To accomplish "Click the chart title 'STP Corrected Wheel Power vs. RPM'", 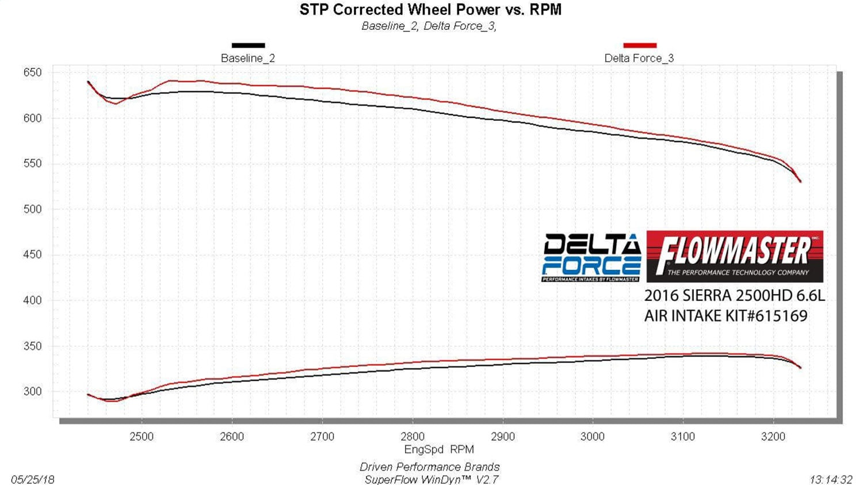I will pyautogui.click(x=430, y=10).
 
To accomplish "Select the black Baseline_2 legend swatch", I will pyautogui.click(x=248, y=45).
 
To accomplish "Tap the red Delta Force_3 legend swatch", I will pyautogui.click(x=640, y=45).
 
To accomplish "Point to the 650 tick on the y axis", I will pyautogui.click(x=33, y=72).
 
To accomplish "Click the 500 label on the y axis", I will pyautogui.click(x=33, y=209).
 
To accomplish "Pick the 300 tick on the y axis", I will pyautogui.click(x=33, y=391).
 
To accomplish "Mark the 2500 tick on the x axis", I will pyautogui.click(x=142, y=436).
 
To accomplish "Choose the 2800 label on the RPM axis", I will pyautogui.click(x=413, y=436).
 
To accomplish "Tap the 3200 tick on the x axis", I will pyautogui.click(x=773, y=436).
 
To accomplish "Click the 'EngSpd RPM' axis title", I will pyautogui.click(x=439, y=449).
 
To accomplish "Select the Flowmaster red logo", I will pyautogui.click(x=735, y=256).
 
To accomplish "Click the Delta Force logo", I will pyautogui.click(x=591, y=257).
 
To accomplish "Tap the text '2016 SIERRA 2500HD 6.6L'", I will pyautogui.click(x=734, y=296).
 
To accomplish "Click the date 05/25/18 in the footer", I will pyautogui.click(x=33, y=479).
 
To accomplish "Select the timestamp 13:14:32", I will pyautogui.click(x=831, y=479).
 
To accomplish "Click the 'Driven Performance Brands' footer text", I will pyautogui.click(x=429, y=467).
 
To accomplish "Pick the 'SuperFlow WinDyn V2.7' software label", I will pyautogui.click(x=431, y=479).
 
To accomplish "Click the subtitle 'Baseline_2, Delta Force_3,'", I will pyautogui.click(x=429, y=26).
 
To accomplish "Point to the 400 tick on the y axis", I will pyautogui.click(x=33, y=300).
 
